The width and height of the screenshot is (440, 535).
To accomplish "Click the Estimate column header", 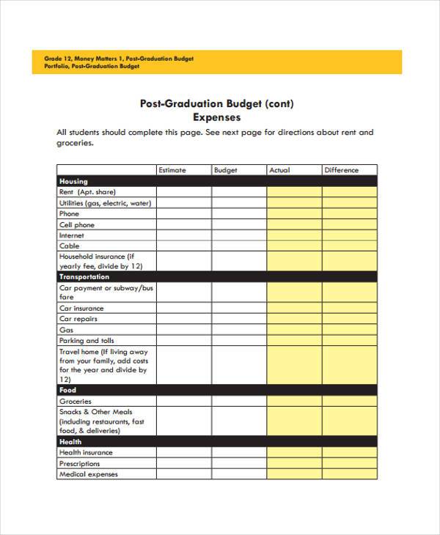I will (172, 170).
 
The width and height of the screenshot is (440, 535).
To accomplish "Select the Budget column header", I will (226, 170).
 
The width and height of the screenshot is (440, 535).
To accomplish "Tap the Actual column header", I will (279, 170).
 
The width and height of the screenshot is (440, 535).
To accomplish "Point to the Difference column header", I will (342, 170).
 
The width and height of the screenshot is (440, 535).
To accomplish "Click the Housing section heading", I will (73, 181).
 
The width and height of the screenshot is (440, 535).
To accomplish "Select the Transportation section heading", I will (84, 277).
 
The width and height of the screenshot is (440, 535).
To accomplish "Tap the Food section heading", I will (67, 390).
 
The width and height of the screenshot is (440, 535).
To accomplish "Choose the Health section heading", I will (70, 442).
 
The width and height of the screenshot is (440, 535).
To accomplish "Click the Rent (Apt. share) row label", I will (87, 192).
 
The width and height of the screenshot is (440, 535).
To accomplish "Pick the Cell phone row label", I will (77, 225).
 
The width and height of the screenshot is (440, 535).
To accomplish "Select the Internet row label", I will (72, 236).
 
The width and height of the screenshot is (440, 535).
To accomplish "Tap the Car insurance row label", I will (81, 309).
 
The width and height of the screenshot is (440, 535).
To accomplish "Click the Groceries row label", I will (76, 402).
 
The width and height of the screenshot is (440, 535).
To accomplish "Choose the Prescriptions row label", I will (80, 464).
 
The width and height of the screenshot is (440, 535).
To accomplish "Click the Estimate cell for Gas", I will (184, 330).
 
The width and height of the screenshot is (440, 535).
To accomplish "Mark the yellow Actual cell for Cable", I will (294, 246).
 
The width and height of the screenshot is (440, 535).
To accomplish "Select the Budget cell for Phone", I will (239, 214).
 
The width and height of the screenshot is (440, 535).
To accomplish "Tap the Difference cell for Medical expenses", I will (350, 474).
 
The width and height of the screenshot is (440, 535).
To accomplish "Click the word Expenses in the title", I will (216, 117).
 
